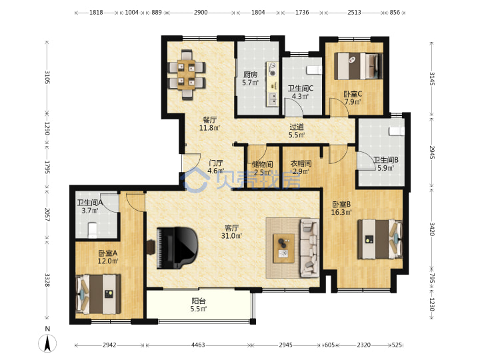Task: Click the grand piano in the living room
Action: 177,248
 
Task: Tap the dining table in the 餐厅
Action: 187,75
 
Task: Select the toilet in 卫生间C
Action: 314,70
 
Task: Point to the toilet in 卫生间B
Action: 397,131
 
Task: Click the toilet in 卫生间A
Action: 92,230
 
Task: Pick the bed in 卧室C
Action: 358,66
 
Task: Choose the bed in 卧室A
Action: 98,294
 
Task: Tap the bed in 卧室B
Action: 380,239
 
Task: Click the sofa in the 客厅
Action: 310,247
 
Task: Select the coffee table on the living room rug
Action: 284,248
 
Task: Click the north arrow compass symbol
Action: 47,343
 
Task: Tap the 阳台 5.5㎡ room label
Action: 199,305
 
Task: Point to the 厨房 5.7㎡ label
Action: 251,79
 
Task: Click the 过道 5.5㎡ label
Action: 297,131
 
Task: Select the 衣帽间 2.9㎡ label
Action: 301,167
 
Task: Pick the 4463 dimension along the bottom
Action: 198,345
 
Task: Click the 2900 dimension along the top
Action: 201,13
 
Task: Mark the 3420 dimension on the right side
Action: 431,229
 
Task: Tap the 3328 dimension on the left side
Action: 47,280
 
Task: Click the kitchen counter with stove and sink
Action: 272,84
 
